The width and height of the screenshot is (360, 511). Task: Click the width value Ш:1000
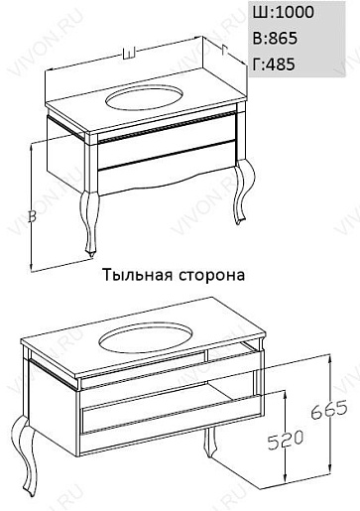284,12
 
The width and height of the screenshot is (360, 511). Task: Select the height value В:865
275,38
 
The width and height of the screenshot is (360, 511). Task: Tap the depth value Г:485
274,64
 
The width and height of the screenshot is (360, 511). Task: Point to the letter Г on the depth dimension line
225,50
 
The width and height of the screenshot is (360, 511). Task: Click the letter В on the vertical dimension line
32,216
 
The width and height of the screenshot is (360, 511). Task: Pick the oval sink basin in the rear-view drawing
146,338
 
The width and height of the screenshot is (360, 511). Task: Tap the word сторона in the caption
212,276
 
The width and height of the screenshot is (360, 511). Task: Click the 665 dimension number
329,410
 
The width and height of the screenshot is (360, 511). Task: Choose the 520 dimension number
286,441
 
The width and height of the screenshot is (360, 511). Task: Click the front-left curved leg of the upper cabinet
90,221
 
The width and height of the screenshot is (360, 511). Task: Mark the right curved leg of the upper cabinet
245,192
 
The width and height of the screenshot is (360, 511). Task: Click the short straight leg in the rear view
208,443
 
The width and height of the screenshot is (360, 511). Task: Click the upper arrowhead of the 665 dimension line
329,358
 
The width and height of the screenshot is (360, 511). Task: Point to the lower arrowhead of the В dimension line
31,266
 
